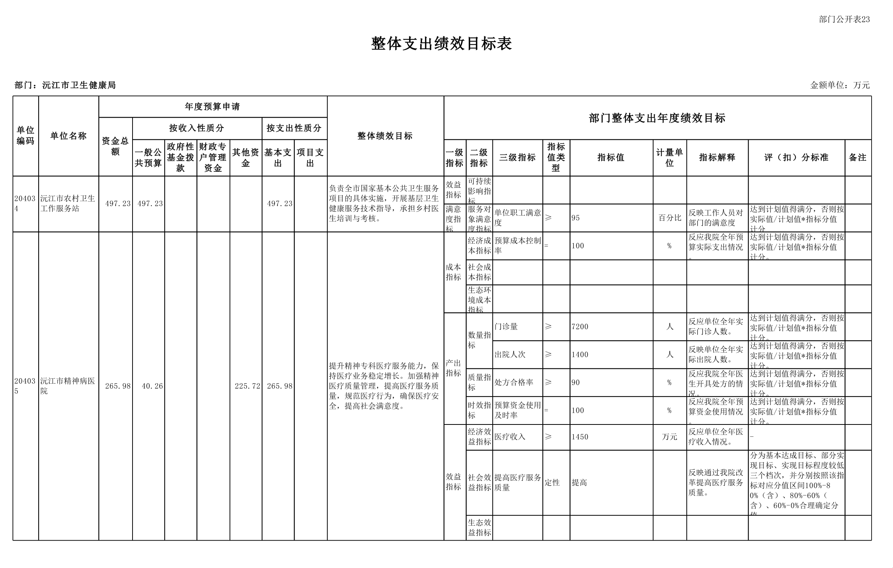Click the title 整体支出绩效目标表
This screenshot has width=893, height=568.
(x=441, y=44)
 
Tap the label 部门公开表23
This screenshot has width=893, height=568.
(x=844, y=19)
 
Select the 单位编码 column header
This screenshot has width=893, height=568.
(x=25, y=136)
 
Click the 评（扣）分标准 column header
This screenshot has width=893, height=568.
(x=796, y=157)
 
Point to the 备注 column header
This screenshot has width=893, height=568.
(x=857, y=157)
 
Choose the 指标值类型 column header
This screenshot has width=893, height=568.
(x=556, y=157)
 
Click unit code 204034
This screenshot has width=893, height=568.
(x=25, y=203)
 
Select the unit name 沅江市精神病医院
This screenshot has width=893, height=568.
(x=68, y=386)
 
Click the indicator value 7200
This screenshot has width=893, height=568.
(x=580, y=327)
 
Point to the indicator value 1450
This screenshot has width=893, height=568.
(x=580, y=437)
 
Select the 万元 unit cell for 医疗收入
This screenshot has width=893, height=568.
(x=670, y=437)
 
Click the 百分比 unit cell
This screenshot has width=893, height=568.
(x=670, y=218)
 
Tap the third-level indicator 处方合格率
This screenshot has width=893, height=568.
(x=514, y=382)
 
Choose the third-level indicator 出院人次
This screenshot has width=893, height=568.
(x=510, y=355)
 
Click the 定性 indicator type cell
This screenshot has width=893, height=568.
(x=552, y=483)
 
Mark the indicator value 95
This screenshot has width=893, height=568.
(x=576, y=218)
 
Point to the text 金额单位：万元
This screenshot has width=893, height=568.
(x=840, y=85)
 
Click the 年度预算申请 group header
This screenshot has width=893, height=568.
(x=212, y=106)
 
